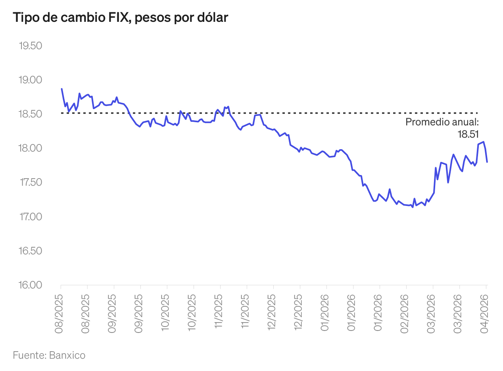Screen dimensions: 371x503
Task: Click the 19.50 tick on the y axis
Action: (31, 46)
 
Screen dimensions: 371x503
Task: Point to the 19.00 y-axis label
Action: (31, 80)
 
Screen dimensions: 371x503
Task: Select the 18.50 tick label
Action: (31, 114)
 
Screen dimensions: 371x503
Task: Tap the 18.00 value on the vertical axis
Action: (31, 148)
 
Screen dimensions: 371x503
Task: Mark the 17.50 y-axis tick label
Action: (31, 183)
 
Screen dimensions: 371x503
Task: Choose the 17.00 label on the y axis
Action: (31, 217)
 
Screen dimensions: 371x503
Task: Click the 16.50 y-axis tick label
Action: (31, 251)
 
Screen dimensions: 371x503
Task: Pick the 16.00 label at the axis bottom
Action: (31, 285)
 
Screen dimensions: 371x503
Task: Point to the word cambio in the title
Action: (77, 17)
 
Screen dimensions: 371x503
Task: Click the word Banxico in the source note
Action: (67, 355)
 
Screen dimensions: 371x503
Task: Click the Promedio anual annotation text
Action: (442, 122)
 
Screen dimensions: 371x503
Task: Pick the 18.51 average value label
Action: (468, 134)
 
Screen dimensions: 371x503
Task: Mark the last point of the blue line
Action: (487, 162)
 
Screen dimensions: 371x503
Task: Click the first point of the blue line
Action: (61, 89)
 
